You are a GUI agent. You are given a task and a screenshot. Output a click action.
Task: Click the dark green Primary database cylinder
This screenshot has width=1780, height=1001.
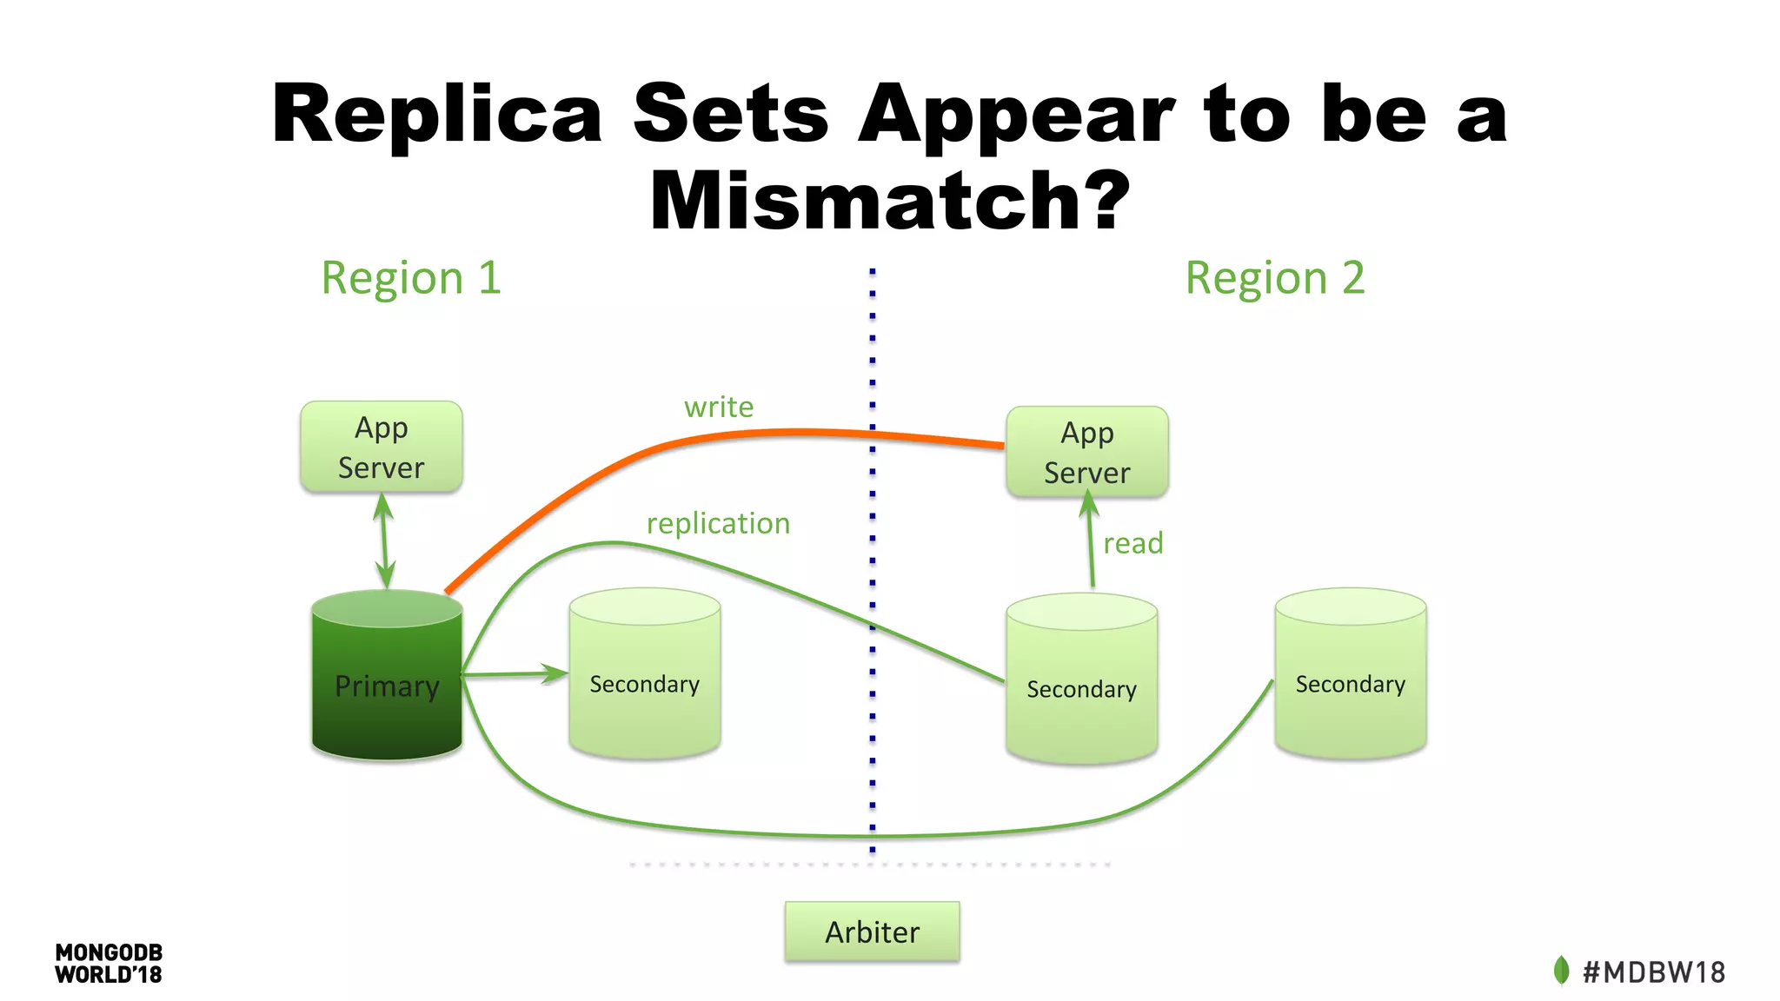(x=387, y=675)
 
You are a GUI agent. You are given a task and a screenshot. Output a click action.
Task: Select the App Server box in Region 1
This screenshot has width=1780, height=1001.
(x=382, y=447)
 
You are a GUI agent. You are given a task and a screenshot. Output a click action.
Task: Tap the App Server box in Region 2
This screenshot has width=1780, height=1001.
(x=1087, y=452)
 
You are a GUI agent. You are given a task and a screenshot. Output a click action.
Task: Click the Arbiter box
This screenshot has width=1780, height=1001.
(x=872, y=931)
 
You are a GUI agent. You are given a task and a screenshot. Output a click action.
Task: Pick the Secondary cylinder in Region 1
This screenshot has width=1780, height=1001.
(x=645, y=673)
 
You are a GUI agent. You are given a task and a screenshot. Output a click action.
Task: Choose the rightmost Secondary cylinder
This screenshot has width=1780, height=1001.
(x=1351, y=673)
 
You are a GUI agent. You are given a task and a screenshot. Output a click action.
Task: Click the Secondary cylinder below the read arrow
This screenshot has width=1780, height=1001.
(x=1082, y=679)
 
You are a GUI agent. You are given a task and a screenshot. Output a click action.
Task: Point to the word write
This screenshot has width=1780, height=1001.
(x=719, y=407)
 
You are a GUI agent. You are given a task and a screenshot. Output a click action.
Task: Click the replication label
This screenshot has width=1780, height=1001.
(x=719, y=523)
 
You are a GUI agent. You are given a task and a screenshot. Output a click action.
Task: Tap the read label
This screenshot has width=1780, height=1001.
(x=1133, y=543)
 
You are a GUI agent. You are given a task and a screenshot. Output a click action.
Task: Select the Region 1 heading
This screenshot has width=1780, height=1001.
(x=411, y=279)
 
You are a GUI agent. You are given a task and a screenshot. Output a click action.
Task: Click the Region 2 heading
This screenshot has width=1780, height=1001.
(x=1275, y=279)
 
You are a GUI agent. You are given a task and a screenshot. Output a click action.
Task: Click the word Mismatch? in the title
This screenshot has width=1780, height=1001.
(x=890, y=200)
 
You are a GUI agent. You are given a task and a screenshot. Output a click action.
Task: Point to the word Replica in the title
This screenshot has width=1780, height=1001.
(x=437, y=115)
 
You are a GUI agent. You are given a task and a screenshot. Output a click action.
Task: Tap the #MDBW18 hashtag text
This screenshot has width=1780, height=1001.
(x=1654, y=971)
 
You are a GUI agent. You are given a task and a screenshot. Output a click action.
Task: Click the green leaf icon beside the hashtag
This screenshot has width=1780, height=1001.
(x=1561, y=971)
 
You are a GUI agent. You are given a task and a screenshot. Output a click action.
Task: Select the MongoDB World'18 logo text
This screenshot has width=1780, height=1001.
(x=109, y=964)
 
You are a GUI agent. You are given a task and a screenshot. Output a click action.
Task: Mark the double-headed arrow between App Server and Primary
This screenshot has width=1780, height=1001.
(x=383, y=541)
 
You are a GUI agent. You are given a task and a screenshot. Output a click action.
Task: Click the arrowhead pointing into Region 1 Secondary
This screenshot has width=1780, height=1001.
(x=555, y=673)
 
